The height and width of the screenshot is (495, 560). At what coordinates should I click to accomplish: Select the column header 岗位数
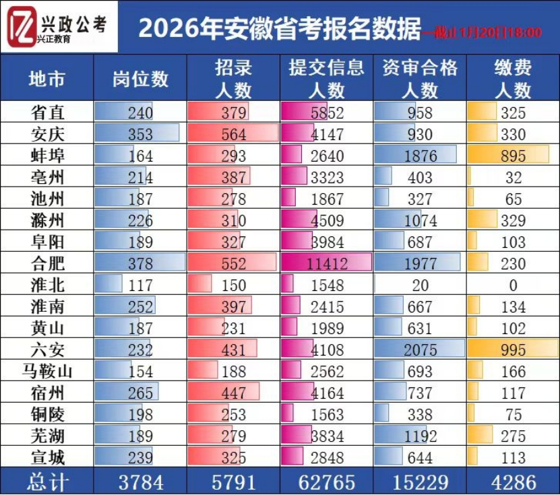pos(140,78)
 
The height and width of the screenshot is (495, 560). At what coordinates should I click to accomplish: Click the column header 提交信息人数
pos(326,78)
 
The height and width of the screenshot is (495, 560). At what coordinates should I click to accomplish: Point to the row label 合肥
pos(47,263)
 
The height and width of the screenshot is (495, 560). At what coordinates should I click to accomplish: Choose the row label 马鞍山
pos(47,371)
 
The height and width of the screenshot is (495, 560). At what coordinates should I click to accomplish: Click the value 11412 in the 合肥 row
pos(326,263)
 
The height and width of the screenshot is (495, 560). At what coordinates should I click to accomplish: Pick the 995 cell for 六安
pos(513,350)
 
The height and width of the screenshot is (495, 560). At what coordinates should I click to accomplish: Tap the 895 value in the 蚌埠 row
pos(513,156)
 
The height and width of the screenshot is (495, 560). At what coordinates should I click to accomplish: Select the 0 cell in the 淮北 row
pos(513,285)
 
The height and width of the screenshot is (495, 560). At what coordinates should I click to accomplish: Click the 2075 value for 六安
pos(420,350)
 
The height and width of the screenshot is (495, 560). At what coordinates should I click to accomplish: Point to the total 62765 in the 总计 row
pos(326,482)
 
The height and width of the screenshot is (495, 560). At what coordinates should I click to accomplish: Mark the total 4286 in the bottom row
pos(513,482)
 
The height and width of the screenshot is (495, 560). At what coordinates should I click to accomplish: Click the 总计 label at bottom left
pos(47,482)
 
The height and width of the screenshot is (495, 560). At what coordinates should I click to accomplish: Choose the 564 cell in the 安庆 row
pos(234,134)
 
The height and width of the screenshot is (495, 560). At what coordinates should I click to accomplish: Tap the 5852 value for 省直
pos(326,112)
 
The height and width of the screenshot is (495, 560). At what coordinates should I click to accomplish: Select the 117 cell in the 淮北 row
pos(140,285)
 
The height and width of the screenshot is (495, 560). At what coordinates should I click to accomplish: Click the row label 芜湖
pos(47,436)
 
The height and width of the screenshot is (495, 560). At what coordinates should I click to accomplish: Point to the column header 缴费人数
pos(513,78)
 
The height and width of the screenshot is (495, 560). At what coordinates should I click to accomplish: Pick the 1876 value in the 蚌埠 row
pos(420,156)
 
